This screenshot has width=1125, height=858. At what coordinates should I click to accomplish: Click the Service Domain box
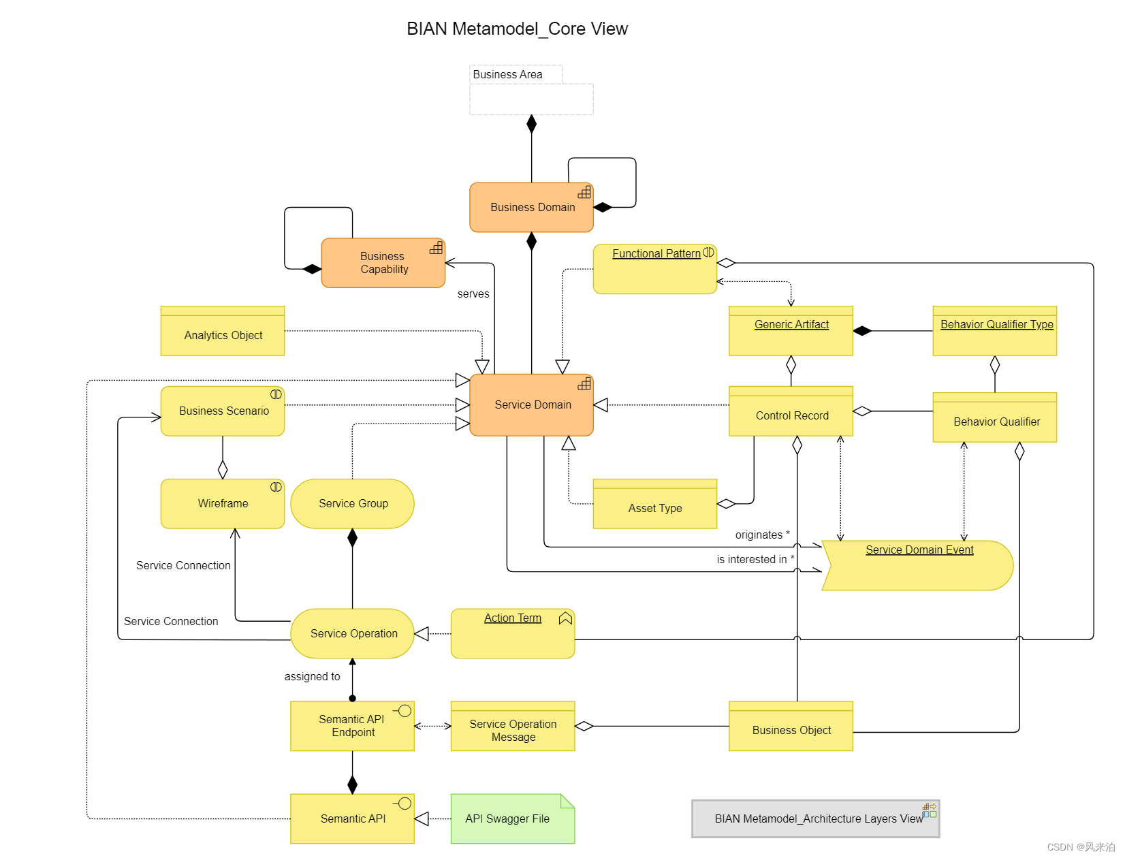point(531,405)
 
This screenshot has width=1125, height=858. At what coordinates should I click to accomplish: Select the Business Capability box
point(383,263)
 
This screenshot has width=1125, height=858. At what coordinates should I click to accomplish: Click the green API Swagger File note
point(512,819)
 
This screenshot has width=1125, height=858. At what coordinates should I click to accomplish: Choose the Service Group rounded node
point(353,504)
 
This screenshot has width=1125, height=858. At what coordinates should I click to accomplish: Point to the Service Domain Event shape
point(918,565)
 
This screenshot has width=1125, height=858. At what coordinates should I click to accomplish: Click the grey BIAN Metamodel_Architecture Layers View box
point(814,819)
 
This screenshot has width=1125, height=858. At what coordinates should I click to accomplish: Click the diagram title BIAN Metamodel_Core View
point(517,29)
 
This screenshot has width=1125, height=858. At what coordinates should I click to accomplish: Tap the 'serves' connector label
point(473,294)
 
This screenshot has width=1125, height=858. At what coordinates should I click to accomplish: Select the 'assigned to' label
point(312,677)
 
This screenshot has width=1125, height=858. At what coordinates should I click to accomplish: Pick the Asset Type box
point(654,505)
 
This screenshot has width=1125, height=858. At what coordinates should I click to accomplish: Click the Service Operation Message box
point(513,727)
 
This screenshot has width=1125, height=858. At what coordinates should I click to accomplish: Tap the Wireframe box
point(223,504)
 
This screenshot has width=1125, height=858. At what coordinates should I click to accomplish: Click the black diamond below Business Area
point(532,124)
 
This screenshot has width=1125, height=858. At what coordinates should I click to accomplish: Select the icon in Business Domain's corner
point(584,192)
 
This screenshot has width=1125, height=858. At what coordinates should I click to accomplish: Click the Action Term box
point(513,634)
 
